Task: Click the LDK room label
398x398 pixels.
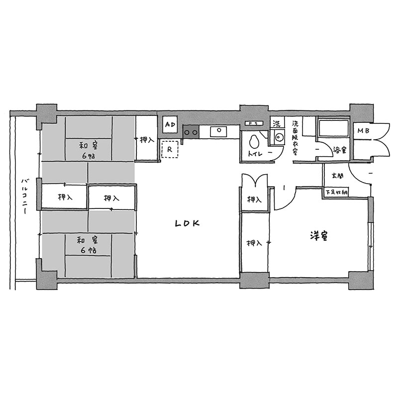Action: [x=188, y=223]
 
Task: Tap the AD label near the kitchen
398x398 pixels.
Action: [x=170, y=124]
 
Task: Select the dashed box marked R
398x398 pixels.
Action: [x=170, y=149]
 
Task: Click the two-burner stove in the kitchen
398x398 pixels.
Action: [x=191, y=132]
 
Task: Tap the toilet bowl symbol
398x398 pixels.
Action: [x=254, y=142]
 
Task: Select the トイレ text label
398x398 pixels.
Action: [x=255, y=154]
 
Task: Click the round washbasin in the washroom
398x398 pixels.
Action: [x=279, y=138]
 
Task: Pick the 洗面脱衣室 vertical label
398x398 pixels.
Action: [x=295, y=138]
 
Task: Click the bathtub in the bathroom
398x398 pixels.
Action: [x=333, y=128]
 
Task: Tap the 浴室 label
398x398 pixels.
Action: [x=339, y=150]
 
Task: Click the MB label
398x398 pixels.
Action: [x=363, y=131]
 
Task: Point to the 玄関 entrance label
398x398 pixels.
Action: [x=337, y=176]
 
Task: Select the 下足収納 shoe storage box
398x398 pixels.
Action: [x=337, y=192]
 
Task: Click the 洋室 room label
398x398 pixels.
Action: [x=319, y=235]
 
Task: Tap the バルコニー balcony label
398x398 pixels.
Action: [x=24, y=196]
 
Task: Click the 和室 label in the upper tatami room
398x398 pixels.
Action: [x=89, y=146]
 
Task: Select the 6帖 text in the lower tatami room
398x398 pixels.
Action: [x=89, y=250]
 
